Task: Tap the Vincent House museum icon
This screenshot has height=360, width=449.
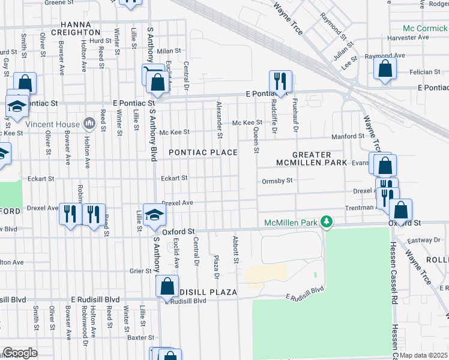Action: [x=89, y=124]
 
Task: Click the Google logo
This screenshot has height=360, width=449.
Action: [x=19, y=353]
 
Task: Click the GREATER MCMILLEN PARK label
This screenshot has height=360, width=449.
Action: [x=312, y=158]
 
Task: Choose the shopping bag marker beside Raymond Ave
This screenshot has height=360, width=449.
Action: [x=385, y=68]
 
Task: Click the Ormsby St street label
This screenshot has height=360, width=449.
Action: [x=277, y=181]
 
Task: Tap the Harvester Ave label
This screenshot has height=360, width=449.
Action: [x=408, y=37]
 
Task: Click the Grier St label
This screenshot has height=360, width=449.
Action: [x=140, y=271]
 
